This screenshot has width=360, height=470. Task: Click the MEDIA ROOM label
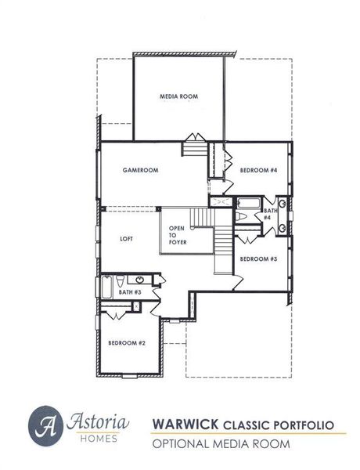coord(178,96)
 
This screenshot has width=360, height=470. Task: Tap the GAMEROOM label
coord(141,170)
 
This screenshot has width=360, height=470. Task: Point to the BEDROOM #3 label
coord(258,258)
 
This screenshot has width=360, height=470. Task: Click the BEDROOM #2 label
coord(127,342)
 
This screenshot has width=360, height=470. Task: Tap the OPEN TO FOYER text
coord(178,236)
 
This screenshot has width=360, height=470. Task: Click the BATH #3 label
coord(129,293)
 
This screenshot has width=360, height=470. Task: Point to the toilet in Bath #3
coord(117,281)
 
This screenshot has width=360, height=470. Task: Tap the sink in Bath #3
coord(139,280)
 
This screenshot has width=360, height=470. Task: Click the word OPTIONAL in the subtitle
coord(187,444)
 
